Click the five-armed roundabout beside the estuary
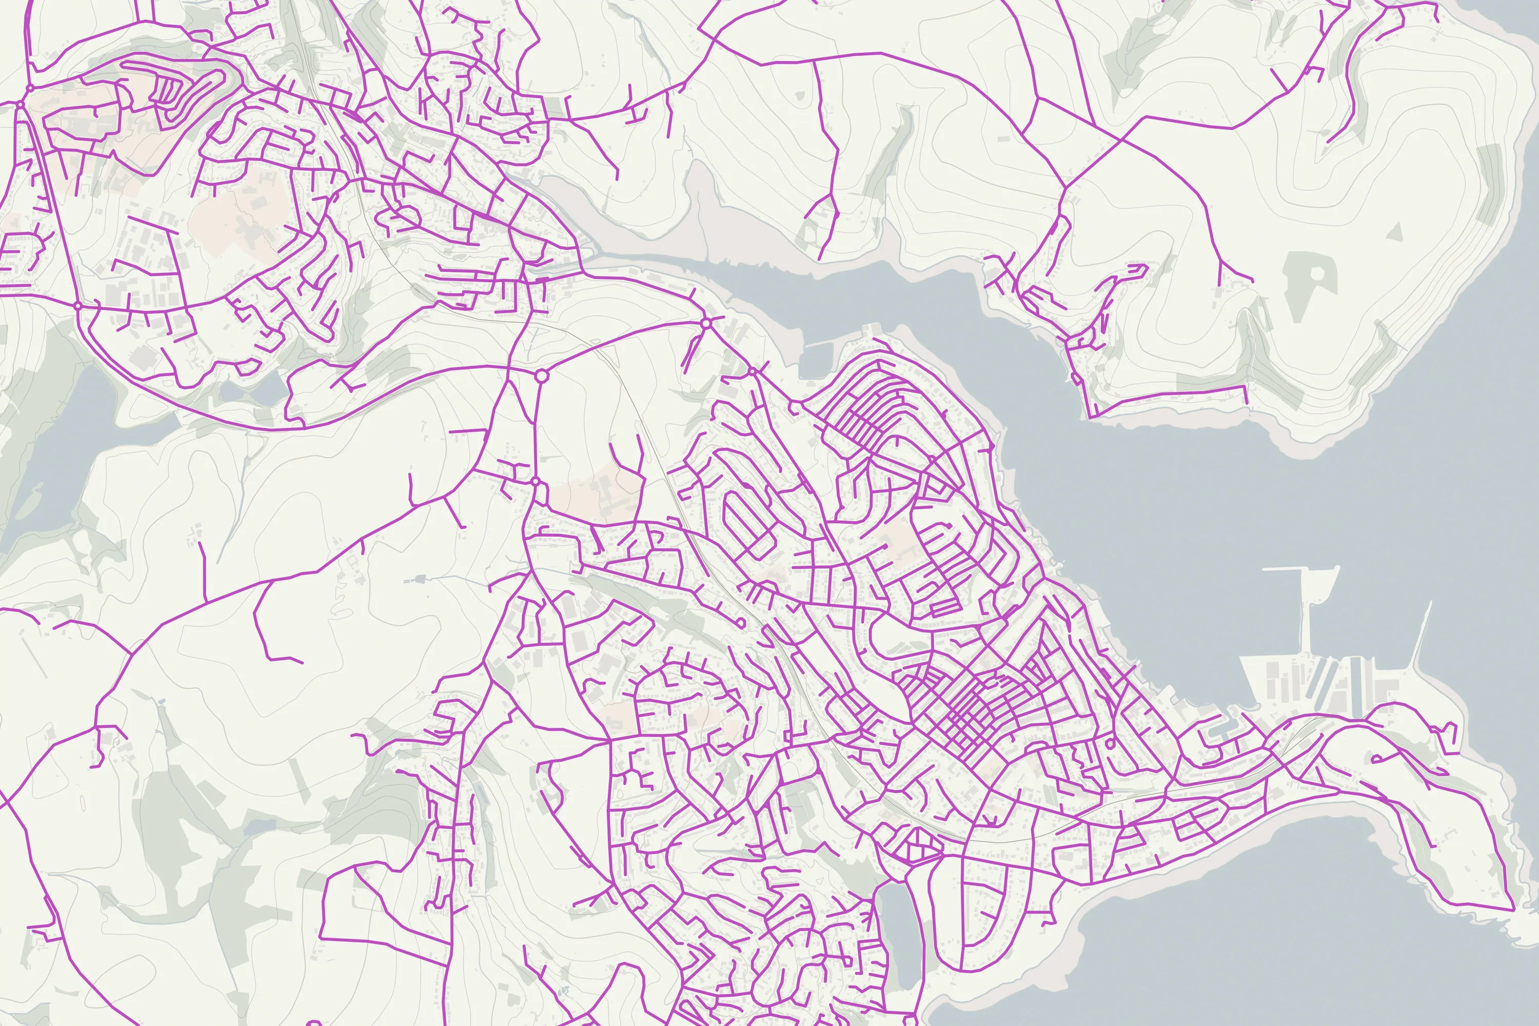click(705, 323)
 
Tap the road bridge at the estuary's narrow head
click(582, 262)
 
